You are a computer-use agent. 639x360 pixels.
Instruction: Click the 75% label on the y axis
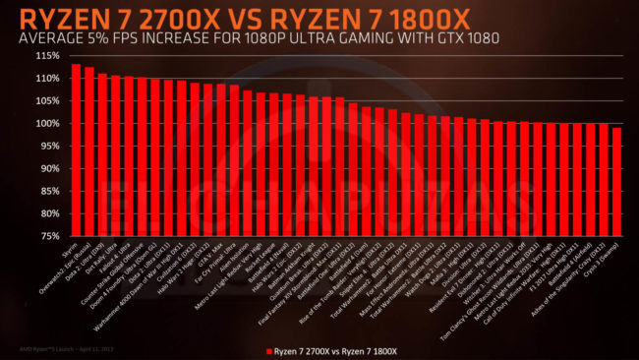(45, 236)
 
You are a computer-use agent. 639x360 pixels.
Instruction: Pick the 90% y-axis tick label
(45, 168)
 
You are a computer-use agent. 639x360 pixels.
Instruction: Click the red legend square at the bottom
(268, 348)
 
